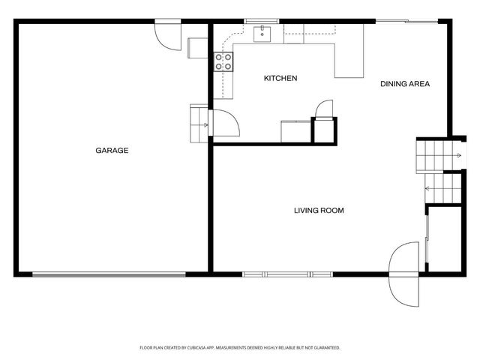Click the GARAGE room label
click(x=112, y=151)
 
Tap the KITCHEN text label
click(x=280, y=79)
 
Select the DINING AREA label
click(x=404, y=84)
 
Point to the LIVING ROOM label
click(x=319, y=211)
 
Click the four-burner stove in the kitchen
click(x=223, y=61)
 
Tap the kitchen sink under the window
click(x=262, y=33)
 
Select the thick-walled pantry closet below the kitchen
click(x=325, y=130)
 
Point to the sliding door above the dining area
click(x=402, y=21)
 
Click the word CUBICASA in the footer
click(x=204, y=348)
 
